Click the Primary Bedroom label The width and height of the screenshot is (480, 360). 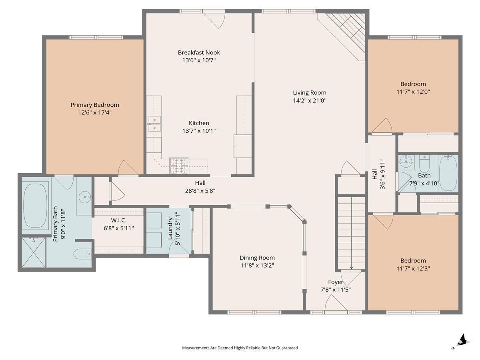click(95, 105)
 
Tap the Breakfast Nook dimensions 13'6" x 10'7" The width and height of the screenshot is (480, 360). click(199, 60)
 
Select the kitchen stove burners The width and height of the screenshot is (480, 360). click(179, 166)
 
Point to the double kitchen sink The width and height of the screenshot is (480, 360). click(154, 124)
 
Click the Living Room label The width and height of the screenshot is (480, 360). click(310, 93)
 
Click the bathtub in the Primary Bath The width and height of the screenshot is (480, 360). click(35, 206)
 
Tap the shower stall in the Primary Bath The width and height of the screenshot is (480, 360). click(34, 252)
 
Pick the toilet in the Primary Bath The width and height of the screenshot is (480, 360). click(82, 254)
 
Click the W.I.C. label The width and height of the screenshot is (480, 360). click(118, 220)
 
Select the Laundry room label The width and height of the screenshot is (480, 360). click(170, 228)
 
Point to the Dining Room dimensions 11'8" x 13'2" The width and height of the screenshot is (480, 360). click(257, 265)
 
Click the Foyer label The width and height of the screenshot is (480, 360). click(336, 282)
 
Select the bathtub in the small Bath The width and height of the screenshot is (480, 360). click(448, 173)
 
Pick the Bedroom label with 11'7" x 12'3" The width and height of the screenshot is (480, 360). click(413, 260)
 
